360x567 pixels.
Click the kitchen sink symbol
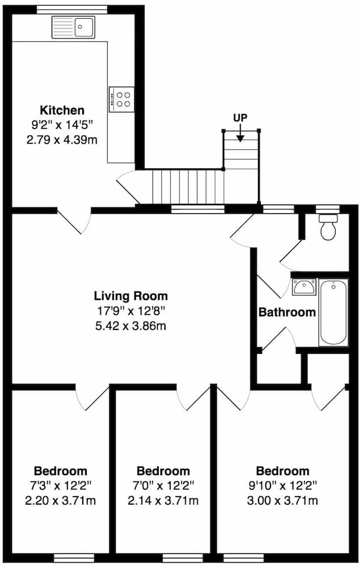click(x=74, y=27)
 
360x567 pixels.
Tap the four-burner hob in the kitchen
click(x=121, y=99)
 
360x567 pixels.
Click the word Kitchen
click(x=62, y=110)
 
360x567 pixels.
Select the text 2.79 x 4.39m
click(x=62, y=139)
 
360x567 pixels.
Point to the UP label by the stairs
click(x=240, y=117)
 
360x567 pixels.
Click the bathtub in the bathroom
click(x=333, y=312)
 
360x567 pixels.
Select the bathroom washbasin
click(x=304, y=287)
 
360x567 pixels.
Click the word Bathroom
click(x=287, y=312)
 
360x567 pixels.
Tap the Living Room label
click(x=131, y=295)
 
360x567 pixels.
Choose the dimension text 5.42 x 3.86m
click(x=131, y=325)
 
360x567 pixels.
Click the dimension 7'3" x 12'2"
click(x=61, y=485)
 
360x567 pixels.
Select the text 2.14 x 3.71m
click(x=163, y=500)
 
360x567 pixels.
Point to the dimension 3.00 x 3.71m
click(x=283, y=500)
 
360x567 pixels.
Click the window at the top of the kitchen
click(x=72, y=9)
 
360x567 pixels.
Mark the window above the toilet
click(x=327, y=208)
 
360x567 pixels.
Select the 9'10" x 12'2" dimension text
click(x=283, y=485)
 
